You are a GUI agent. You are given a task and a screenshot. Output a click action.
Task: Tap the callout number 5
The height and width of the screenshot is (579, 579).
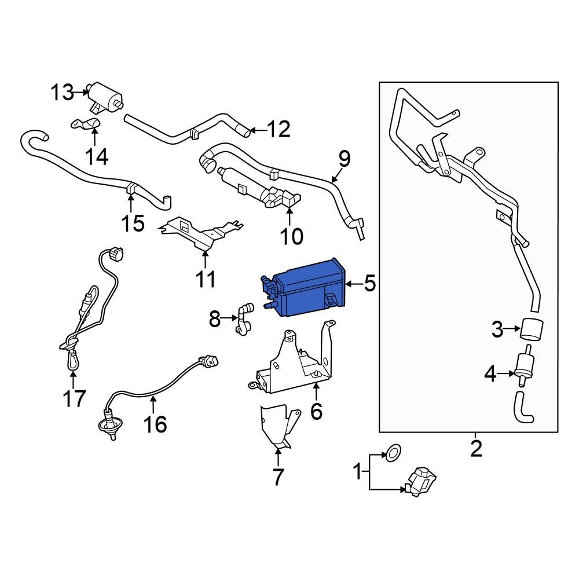[369, 284]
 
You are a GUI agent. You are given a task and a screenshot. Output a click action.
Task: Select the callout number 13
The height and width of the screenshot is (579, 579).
[61, 92]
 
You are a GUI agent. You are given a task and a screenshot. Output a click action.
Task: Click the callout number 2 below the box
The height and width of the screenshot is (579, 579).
[476, 449]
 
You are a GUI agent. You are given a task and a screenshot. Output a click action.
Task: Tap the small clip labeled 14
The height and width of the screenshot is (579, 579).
[86, 124]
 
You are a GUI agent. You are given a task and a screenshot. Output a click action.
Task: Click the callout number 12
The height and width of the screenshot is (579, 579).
[277, 130]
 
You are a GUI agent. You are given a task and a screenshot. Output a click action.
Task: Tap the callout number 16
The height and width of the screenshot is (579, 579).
[155, 424]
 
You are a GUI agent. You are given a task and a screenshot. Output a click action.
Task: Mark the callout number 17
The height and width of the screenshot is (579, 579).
[74, 398]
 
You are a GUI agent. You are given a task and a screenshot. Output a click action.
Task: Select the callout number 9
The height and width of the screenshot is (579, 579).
[344, 158]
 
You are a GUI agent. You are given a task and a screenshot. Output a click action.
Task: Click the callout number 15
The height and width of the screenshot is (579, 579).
[133, 223]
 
